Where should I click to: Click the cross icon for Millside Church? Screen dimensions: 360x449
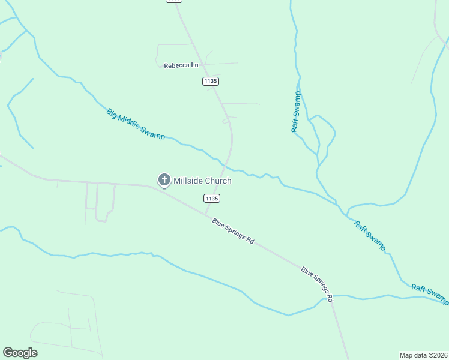pos(164,180)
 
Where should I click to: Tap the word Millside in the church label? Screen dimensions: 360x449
pos(188,181)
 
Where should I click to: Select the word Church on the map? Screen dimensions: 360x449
pos(218,181)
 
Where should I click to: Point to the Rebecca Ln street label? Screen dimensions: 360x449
pos(181,65)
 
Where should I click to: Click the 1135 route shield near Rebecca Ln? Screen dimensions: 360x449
pos(210,81)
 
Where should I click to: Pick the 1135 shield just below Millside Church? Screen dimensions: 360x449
pos(211,198)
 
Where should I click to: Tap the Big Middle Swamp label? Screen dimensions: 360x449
pos(136,124)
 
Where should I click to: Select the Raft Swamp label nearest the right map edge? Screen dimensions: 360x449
pos(430,293)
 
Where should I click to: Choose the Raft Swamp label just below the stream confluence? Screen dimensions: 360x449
pos(370,236)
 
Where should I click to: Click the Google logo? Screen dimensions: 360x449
pos(20,353)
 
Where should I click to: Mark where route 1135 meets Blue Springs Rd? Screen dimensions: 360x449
pos(206,213)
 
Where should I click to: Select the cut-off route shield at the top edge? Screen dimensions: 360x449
pos(173,1)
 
